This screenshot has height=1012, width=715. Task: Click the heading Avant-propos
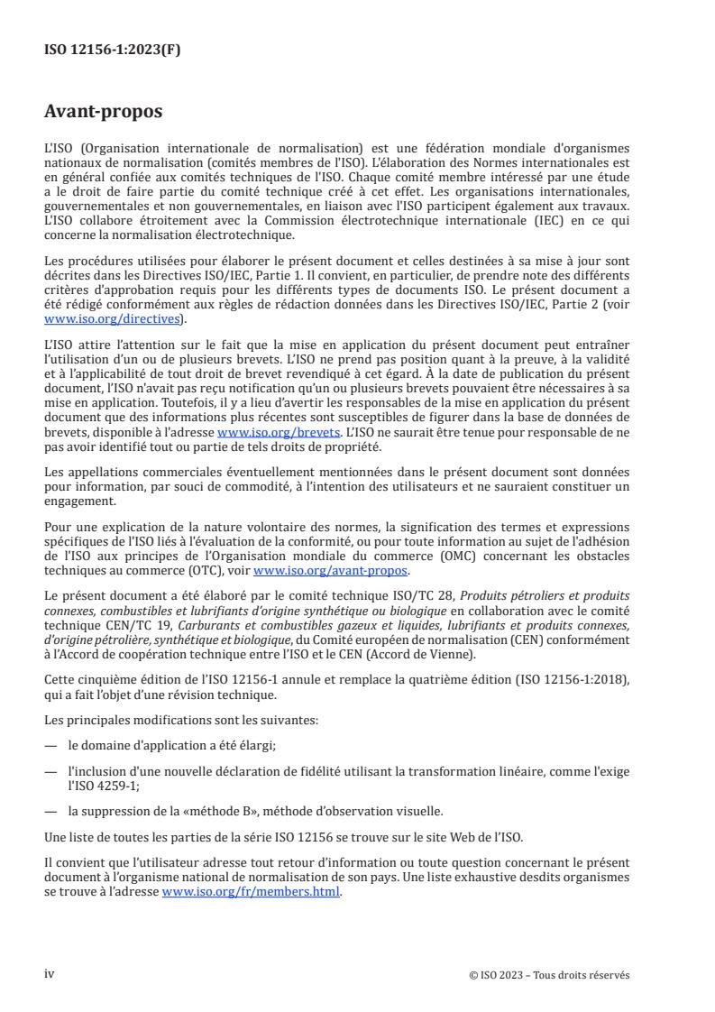(104, 112)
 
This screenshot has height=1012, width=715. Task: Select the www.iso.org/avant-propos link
(331, 571)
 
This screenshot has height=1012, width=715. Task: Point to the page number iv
(50, 974)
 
